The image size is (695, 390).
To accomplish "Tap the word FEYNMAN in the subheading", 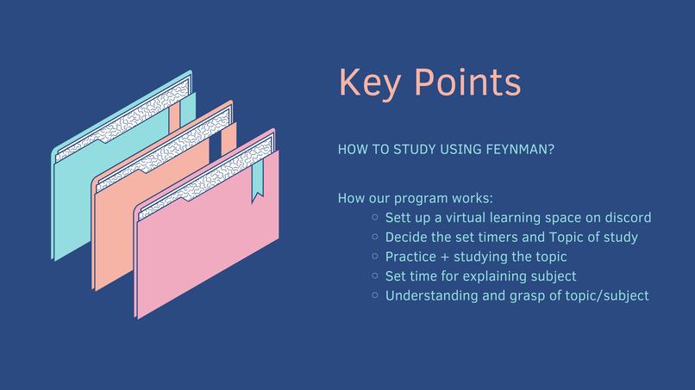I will point(521,150).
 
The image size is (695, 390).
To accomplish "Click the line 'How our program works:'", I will point(416,198).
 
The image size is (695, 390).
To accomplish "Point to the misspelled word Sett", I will point(400,218).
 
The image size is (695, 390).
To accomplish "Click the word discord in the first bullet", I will point(628,218).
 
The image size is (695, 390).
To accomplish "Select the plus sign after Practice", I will point(452,257).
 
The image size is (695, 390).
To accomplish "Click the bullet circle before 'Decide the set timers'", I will point(375,237).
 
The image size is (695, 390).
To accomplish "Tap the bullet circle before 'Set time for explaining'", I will point(375,276).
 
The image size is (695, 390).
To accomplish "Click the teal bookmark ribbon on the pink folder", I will point(257,184).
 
